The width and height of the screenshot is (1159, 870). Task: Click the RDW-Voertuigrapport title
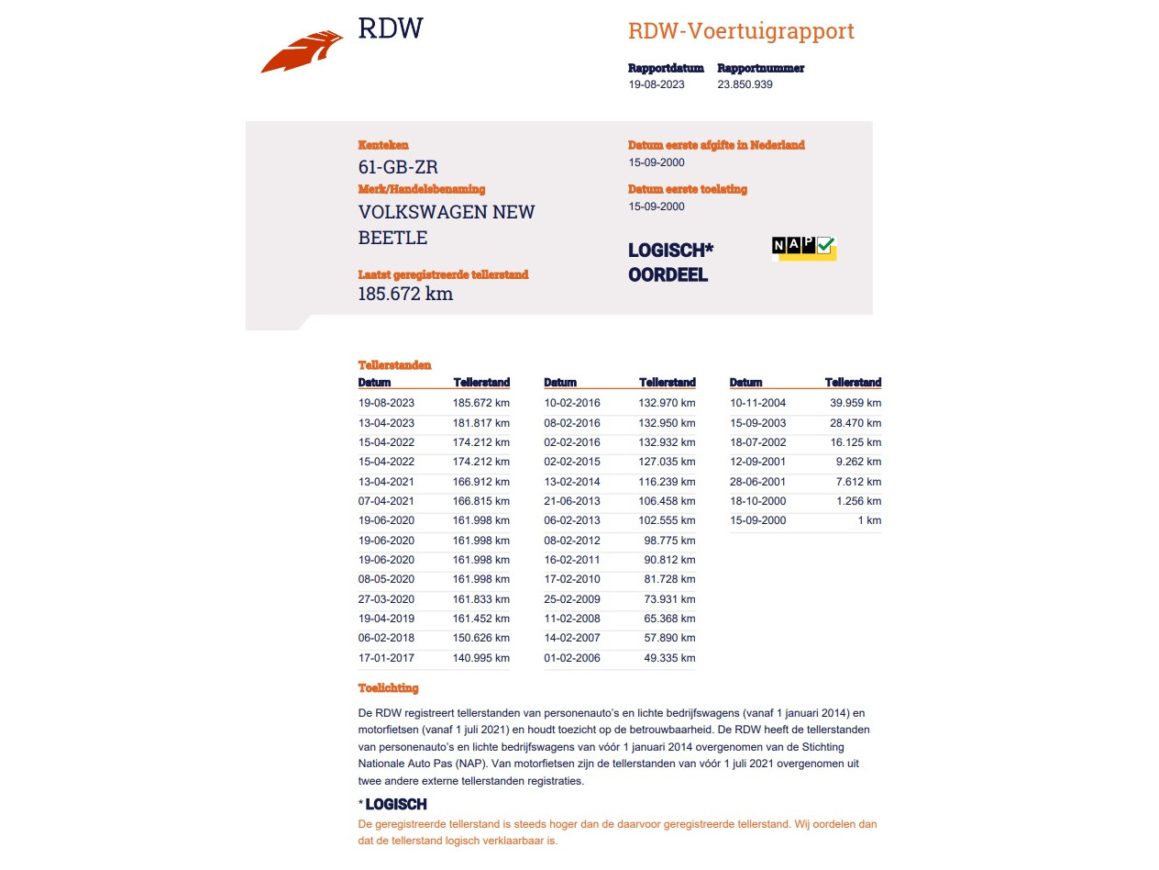pos(741,31)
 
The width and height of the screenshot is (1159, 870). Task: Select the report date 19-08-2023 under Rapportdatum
pos(656,84)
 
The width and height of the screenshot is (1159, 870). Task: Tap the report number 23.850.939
pos(745,84)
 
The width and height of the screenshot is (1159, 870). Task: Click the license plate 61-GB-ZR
pos(398,167)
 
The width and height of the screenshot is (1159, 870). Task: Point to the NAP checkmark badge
pos(804,247)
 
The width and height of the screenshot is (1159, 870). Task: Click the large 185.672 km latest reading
pos(405,294)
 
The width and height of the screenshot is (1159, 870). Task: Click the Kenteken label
pos(383,145)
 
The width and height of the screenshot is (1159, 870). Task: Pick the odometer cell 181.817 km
pos(481,423)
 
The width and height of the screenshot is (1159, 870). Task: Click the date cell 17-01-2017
pos(386,657)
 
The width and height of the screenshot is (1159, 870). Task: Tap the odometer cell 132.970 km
pos(667,403)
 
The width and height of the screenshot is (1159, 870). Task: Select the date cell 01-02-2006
pos(572,657)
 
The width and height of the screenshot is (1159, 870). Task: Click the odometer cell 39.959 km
pos(855,403)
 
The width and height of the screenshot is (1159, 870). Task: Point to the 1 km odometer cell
pos(870,520)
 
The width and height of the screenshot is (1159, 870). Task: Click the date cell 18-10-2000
pos(757,501)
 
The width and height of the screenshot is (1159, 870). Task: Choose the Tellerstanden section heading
pos(394,365)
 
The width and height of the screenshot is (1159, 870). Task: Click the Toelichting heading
pos(388,687)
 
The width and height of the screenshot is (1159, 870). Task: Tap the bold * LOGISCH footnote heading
pos(392,805)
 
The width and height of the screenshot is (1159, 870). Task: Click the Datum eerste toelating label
pos(687,189)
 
